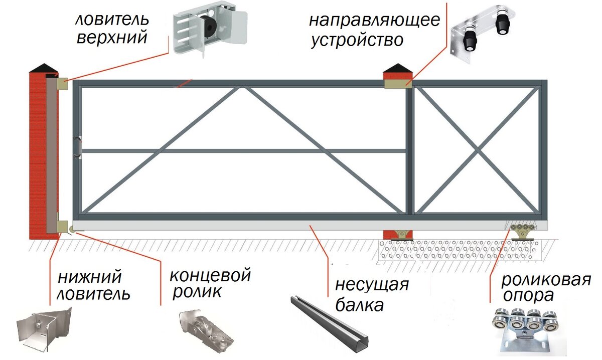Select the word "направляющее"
(374, 21)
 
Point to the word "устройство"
(357, 40)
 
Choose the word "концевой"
(210, 275)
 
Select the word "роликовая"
(546, 279)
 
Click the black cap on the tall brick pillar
(45, 68)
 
